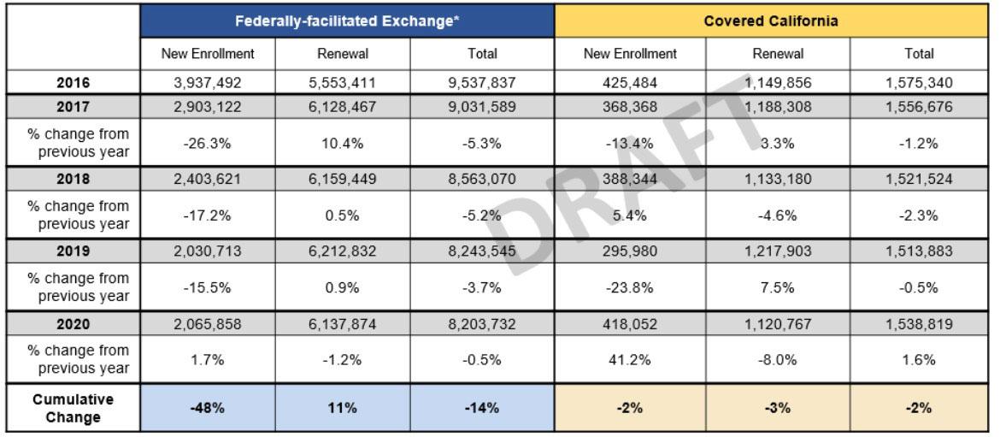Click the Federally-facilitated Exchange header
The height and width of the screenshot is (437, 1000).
point(347,21)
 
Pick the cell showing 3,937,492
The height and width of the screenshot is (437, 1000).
point(208,83)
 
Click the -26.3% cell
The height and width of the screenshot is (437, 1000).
point(208,143)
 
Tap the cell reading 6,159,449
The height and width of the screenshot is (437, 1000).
point(343,180)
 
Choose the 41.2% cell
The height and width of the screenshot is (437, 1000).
point(630,359)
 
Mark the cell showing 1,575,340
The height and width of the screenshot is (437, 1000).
point(919,83)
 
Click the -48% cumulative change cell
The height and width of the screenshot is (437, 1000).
point(208,408)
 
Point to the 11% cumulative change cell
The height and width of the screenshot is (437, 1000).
point(343,408)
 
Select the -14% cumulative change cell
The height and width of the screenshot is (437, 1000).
point(482,408)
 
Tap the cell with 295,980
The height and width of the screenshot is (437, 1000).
point(630,251)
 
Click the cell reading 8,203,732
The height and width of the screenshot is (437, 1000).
point(482,324)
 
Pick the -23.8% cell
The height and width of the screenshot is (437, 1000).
point(630,287)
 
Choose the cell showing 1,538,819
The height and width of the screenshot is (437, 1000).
point(919,324)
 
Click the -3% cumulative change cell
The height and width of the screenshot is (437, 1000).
point(778,408)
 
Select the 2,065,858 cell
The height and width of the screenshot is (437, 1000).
point(208,324)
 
